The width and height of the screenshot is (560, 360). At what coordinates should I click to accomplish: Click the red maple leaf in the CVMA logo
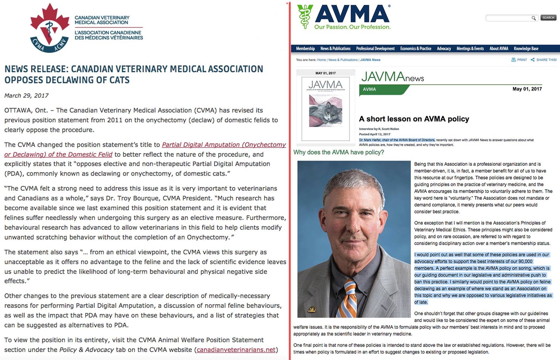pos(50,19)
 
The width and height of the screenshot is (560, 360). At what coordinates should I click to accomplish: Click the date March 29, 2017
pos(27,96)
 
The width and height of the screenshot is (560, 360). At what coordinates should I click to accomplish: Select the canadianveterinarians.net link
pos(236,350)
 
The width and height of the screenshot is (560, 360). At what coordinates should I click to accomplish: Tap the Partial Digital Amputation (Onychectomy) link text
pos(224,144)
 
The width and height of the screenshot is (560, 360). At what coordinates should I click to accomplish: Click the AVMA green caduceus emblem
pos(304,16)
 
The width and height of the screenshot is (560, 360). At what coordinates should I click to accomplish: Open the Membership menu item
pos(305,49)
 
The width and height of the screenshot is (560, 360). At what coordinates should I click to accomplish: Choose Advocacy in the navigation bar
pos(444,49)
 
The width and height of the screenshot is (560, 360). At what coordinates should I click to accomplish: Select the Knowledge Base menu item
pos(526,49)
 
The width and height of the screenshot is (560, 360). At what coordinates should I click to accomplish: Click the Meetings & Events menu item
pos(470,49)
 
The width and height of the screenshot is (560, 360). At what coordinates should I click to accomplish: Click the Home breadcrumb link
pos(321,60)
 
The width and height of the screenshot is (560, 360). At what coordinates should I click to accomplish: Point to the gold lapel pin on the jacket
pos(311,309)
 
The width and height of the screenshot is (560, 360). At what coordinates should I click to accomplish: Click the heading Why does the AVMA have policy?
pos(338,152)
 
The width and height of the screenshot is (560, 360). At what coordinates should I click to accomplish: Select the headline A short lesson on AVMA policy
pos(414,119)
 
